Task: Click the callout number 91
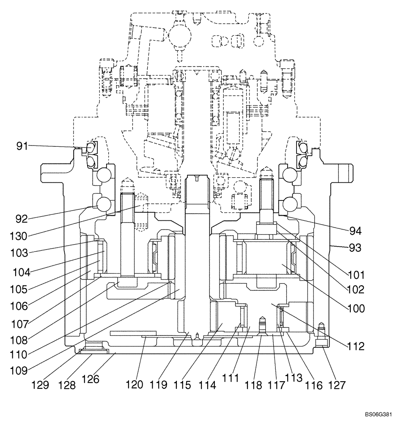pyautogui.click(x=22, y=146)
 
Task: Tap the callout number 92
pyautogui.click(x=21, y=219)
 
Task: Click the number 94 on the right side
pyautogui.click(x=355, y=231)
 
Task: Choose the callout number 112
pyautogui.click(x=355, y=346)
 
